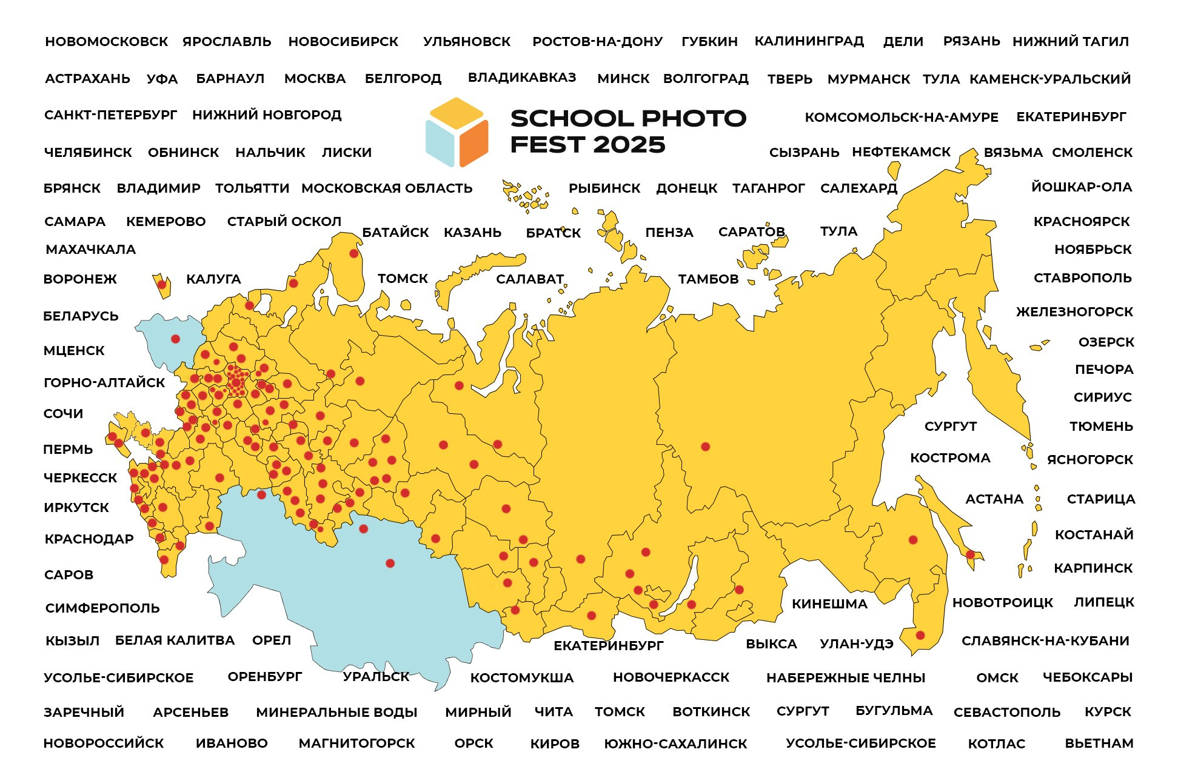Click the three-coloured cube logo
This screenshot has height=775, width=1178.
(457, 132)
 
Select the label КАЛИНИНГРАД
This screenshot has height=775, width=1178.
(809, 41)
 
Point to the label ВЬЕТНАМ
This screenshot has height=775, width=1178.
(1099, 743)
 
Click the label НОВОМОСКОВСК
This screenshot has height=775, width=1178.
(107, 42)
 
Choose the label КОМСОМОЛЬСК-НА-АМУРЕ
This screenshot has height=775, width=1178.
(901, 118)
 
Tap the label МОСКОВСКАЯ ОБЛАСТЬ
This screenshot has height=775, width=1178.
(387, 188)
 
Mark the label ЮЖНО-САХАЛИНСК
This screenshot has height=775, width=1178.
(675, 744)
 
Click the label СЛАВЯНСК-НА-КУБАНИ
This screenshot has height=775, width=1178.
(1045, 641)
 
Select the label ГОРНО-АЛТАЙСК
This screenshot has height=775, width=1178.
(104, 383)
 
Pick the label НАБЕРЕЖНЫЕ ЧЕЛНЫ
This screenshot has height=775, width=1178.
(846, 678)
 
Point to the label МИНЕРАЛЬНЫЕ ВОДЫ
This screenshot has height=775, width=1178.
(336, 713)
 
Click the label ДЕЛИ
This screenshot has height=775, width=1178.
(903, 42)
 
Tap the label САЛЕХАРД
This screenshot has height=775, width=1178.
(858, 188)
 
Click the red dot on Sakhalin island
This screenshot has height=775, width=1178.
(970, 554)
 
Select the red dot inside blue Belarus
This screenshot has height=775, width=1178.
(175, 339)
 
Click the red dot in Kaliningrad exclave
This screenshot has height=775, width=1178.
(162, 284)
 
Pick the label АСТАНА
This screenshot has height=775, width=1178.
(994, 499)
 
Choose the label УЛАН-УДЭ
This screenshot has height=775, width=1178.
(856, 644)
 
